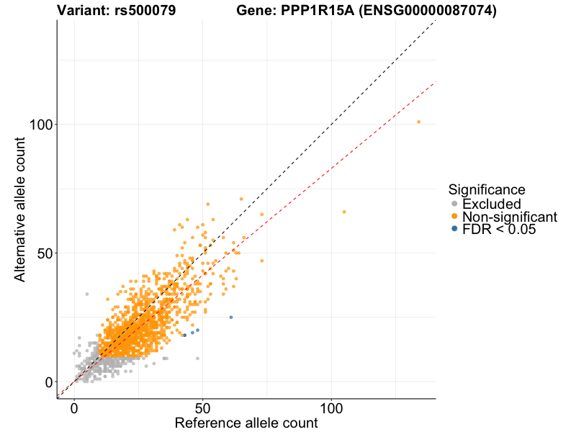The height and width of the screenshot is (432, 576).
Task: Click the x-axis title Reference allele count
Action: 246,423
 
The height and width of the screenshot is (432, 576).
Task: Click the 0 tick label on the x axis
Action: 74,408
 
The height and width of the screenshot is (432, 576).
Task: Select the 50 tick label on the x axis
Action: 203,408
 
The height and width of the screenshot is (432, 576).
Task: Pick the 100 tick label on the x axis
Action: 332,408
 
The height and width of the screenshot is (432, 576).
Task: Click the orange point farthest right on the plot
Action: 418,122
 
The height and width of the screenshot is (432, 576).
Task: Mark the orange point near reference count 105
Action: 344,212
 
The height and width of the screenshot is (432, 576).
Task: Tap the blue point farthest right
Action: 231,317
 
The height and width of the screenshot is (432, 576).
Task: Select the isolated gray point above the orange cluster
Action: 87,294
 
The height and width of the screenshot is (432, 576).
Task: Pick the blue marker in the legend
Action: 454,230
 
